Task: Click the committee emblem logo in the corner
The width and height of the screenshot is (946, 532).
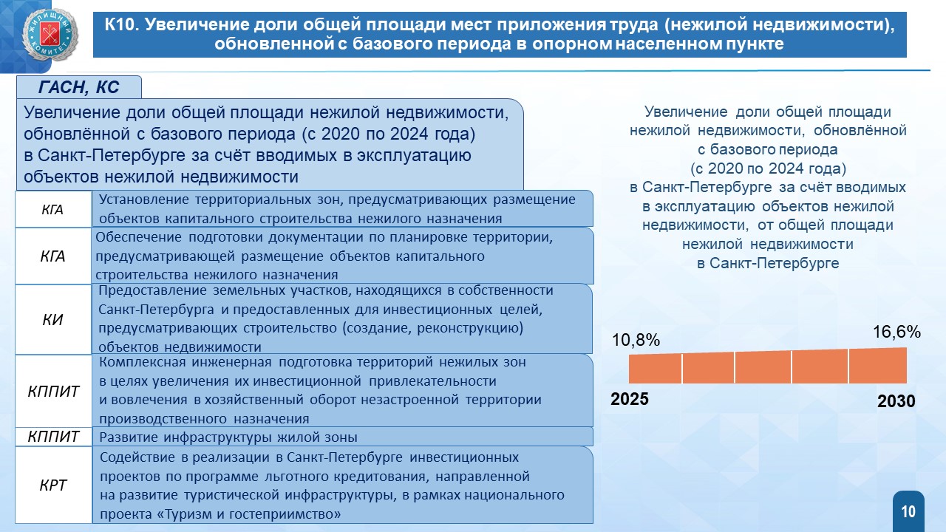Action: (50, 35)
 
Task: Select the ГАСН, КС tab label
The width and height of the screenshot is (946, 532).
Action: (79, 87)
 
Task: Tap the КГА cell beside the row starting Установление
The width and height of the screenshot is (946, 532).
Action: (52, 209)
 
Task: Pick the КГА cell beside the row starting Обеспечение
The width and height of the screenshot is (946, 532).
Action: (52, 256)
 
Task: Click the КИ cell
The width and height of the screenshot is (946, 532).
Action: (52, 320)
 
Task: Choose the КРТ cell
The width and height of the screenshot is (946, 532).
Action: (53, 485)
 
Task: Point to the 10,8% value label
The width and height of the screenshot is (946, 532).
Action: (636, 340)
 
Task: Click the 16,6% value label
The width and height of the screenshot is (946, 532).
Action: (896, 332)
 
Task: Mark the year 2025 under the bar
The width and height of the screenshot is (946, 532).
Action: (629, 399)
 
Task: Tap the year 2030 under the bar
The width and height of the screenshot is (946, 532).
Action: (896, 401)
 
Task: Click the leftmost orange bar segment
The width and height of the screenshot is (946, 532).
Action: (655, 369)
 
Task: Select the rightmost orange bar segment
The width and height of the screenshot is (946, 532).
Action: (877, 366)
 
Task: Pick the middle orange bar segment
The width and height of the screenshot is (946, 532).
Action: (763, 367)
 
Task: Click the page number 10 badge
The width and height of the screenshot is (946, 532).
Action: (908, 512)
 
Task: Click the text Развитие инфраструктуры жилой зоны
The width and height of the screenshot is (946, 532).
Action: (228, 437)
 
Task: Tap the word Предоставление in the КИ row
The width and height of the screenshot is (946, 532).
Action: (152, 290)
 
